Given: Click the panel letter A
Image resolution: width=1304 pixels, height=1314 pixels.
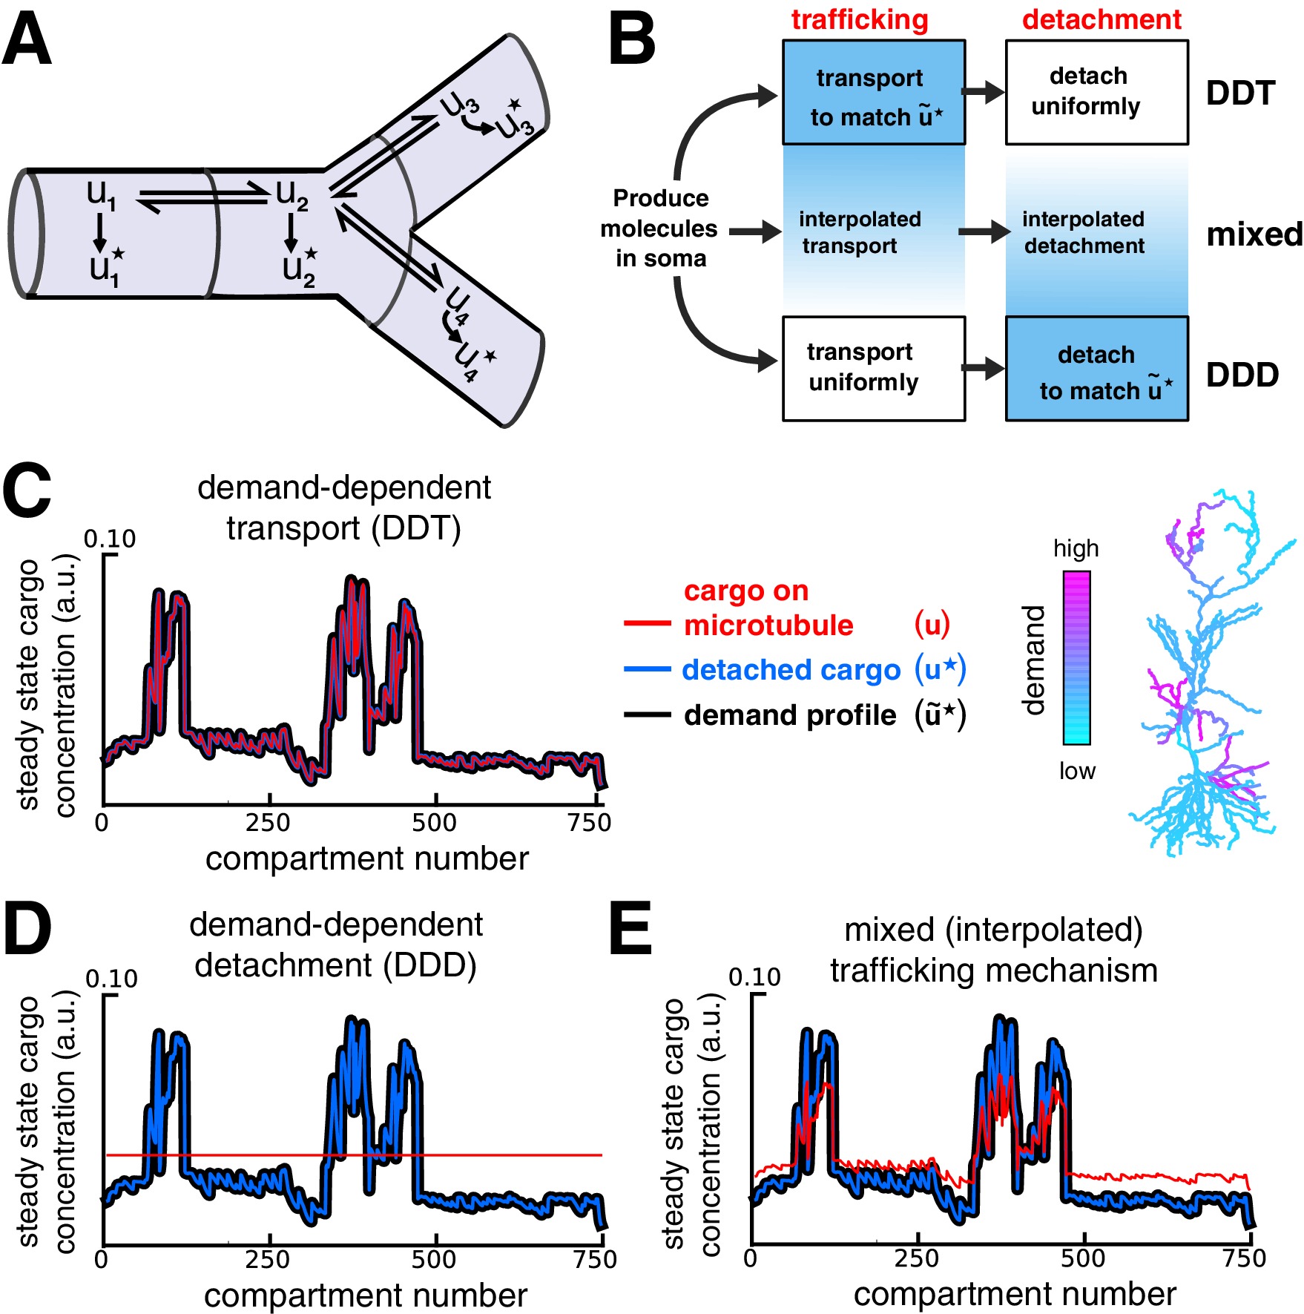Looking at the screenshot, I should [x=27, y=41].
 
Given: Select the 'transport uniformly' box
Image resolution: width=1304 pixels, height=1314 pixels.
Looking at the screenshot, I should [x=873, y=368].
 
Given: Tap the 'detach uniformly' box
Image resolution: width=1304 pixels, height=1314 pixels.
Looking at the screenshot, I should [x=1096, y=92].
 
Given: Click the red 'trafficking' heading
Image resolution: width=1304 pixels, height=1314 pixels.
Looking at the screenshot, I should [x=860, y=20].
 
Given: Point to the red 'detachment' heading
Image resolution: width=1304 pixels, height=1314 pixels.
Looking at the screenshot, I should [x=1102, y=20].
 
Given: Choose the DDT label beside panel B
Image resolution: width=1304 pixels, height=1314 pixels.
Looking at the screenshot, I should [x=1240, y=93].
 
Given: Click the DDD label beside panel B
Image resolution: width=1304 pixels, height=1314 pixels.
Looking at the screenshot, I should [x=1242, y=375].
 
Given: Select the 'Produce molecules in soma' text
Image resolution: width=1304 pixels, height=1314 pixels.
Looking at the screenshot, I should [x=659, y=228].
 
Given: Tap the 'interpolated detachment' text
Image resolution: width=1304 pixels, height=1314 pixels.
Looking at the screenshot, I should [x=1084, y=232].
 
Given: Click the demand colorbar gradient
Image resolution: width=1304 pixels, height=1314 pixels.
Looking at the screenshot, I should [x=1076, y=657].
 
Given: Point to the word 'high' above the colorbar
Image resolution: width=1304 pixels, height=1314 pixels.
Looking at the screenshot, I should [x=1076, y=549].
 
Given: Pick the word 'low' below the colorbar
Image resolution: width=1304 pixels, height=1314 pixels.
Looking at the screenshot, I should [x=1076, y=771].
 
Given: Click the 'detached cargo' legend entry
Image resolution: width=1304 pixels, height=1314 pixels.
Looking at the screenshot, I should [x=791, y=670].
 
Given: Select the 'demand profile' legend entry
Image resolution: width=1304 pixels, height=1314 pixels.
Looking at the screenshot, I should [x=789, y=715].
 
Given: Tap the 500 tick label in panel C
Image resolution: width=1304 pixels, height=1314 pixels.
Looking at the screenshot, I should [x=434, y=823].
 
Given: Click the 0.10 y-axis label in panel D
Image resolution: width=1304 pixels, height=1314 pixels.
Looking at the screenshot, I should [x=111, y=979].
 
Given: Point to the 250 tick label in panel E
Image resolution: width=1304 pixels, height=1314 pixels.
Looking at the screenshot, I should [x=917, y=1258].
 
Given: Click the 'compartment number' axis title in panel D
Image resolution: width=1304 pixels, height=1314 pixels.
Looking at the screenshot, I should [x=366, y=1295].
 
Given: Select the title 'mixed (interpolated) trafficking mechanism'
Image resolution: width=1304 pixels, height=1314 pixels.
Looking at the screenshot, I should [x=993, y=950].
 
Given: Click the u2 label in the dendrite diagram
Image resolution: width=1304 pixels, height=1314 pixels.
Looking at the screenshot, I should [x=291, y=195].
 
